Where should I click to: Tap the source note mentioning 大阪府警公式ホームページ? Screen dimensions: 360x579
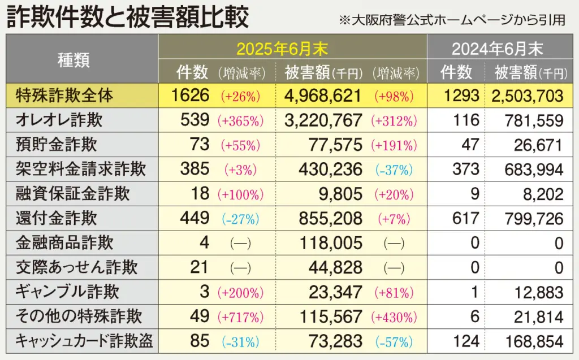pyautogui.click(x=452, y=20)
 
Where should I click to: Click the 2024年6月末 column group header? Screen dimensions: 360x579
pyautogui.click(x=498, y=49)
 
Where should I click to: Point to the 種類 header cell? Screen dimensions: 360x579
pyautogui.click(x=74, y=60)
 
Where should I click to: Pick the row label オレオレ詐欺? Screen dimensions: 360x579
pyautogui.click(x=59, y=120)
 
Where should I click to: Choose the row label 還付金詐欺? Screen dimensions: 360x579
pyautogui.click(x=57, y=218)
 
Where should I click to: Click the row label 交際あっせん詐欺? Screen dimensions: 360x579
pyautogui.click(x=77, y=267)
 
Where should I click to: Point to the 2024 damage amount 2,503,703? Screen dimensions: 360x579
pyautogui.click(x=528, y=95)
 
